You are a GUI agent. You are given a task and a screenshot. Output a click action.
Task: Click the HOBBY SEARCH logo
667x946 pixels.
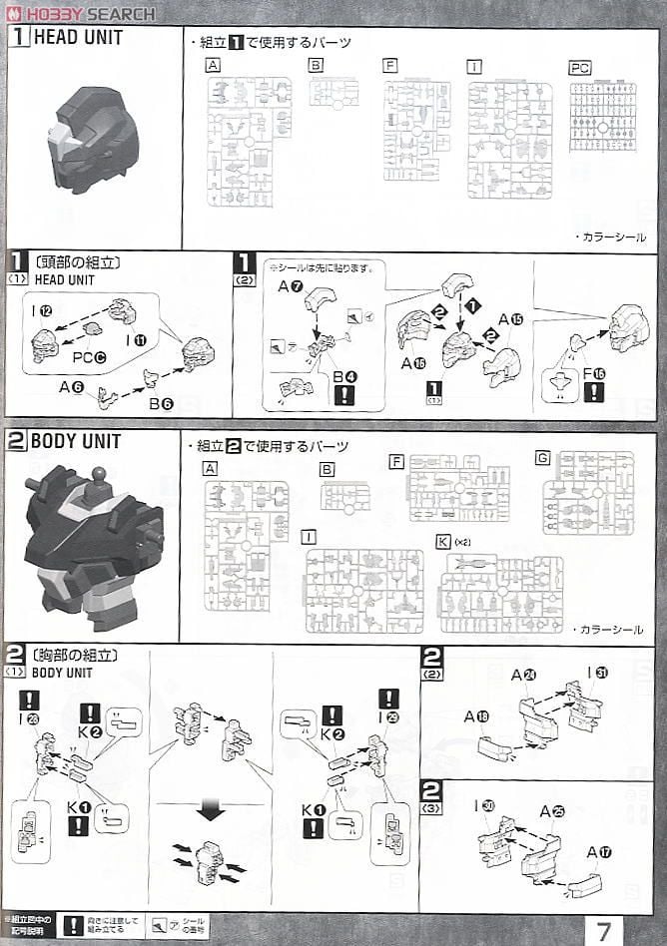[80, 13]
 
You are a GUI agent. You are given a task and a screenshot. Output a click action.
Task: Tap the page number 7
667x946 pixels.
[603, 929]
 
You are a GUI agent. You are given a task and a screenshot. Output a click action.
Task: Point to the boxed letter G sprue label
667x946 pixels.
[542, 458]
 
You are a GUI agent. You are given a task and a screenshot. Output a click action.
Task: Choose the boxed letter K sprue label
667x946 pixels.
[442, 542]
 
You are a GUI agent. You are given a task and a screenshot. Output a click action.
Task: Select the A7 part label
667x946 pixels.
[291, 286]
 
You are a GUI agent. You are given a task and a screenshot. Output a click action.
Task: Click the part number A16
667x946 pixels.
[414, 363]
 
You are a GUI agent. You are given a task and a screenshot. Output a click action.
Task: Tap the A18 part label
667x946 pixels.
[475, 716]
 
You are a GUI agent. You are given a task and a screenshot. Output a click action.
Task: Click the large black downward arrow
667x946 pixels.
[210, 810]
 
